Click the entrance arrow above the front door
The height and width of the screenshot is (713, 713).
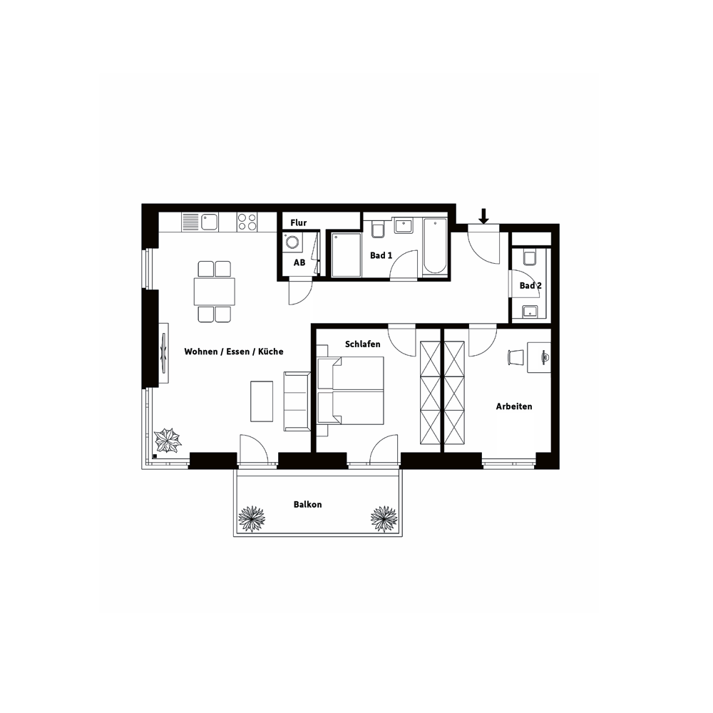(484, 216)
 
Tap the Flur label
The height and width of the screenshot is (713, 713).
(298, 222)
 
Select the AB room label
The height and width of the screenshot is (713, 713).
(299, 262)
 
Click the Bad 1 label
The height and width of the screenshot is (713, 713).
(381, 255)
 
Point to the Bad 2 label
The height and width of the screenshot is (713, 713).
(530, 286)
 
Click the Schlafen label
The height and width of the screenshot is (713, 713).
(362, 344)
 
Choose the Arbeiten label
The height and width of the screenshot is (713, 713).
(514, 406)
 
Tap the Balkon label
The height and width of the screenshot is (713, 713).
(307, 504)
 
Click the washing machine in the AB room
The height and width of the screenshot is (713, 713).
(292, 242)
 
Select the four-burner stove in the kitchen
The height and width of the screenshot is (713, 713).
(247, 222)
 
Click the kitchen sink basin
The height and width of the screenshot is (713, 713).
(210, 222)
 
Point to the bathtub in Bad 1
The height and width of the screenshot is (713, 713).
(435, 247)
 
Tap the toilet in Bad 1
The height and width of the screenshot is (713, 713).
(378, 230)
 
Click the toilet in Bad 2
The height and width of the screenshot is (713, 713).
(530, 257)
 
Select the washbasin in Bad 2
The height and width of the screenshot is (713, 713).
(530, 312)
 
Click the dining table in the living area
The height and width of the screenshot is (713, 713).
(214, 292)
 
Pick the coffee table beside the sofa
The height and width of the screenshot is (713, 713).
(262, 401)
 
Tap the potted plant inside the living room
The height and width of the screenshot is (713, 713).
(168, 440)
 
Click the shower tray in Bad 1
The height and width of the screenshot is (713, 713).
(346, 255)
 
